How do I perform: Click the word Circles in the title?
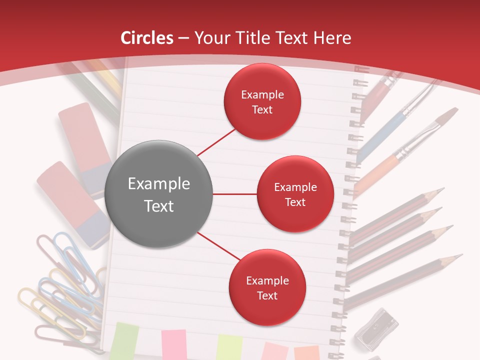[147, 38]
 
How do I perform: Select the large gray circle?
[158, 194]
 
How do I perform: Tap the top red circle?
[262, 101]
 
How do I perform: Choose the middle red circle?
[295, 194]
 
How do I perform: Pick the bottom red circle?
[267, 288]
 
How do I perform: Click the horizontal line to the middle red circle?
[234, 194]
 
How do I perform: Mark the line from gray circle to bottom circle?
[218, 248]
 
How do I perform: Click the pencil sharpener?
[377, 330]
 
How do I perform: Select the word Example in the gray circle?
[158, 184]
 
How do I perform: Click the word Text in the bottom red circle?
[267, 295]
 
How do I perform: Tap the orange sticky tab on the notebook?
[306, 352]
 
